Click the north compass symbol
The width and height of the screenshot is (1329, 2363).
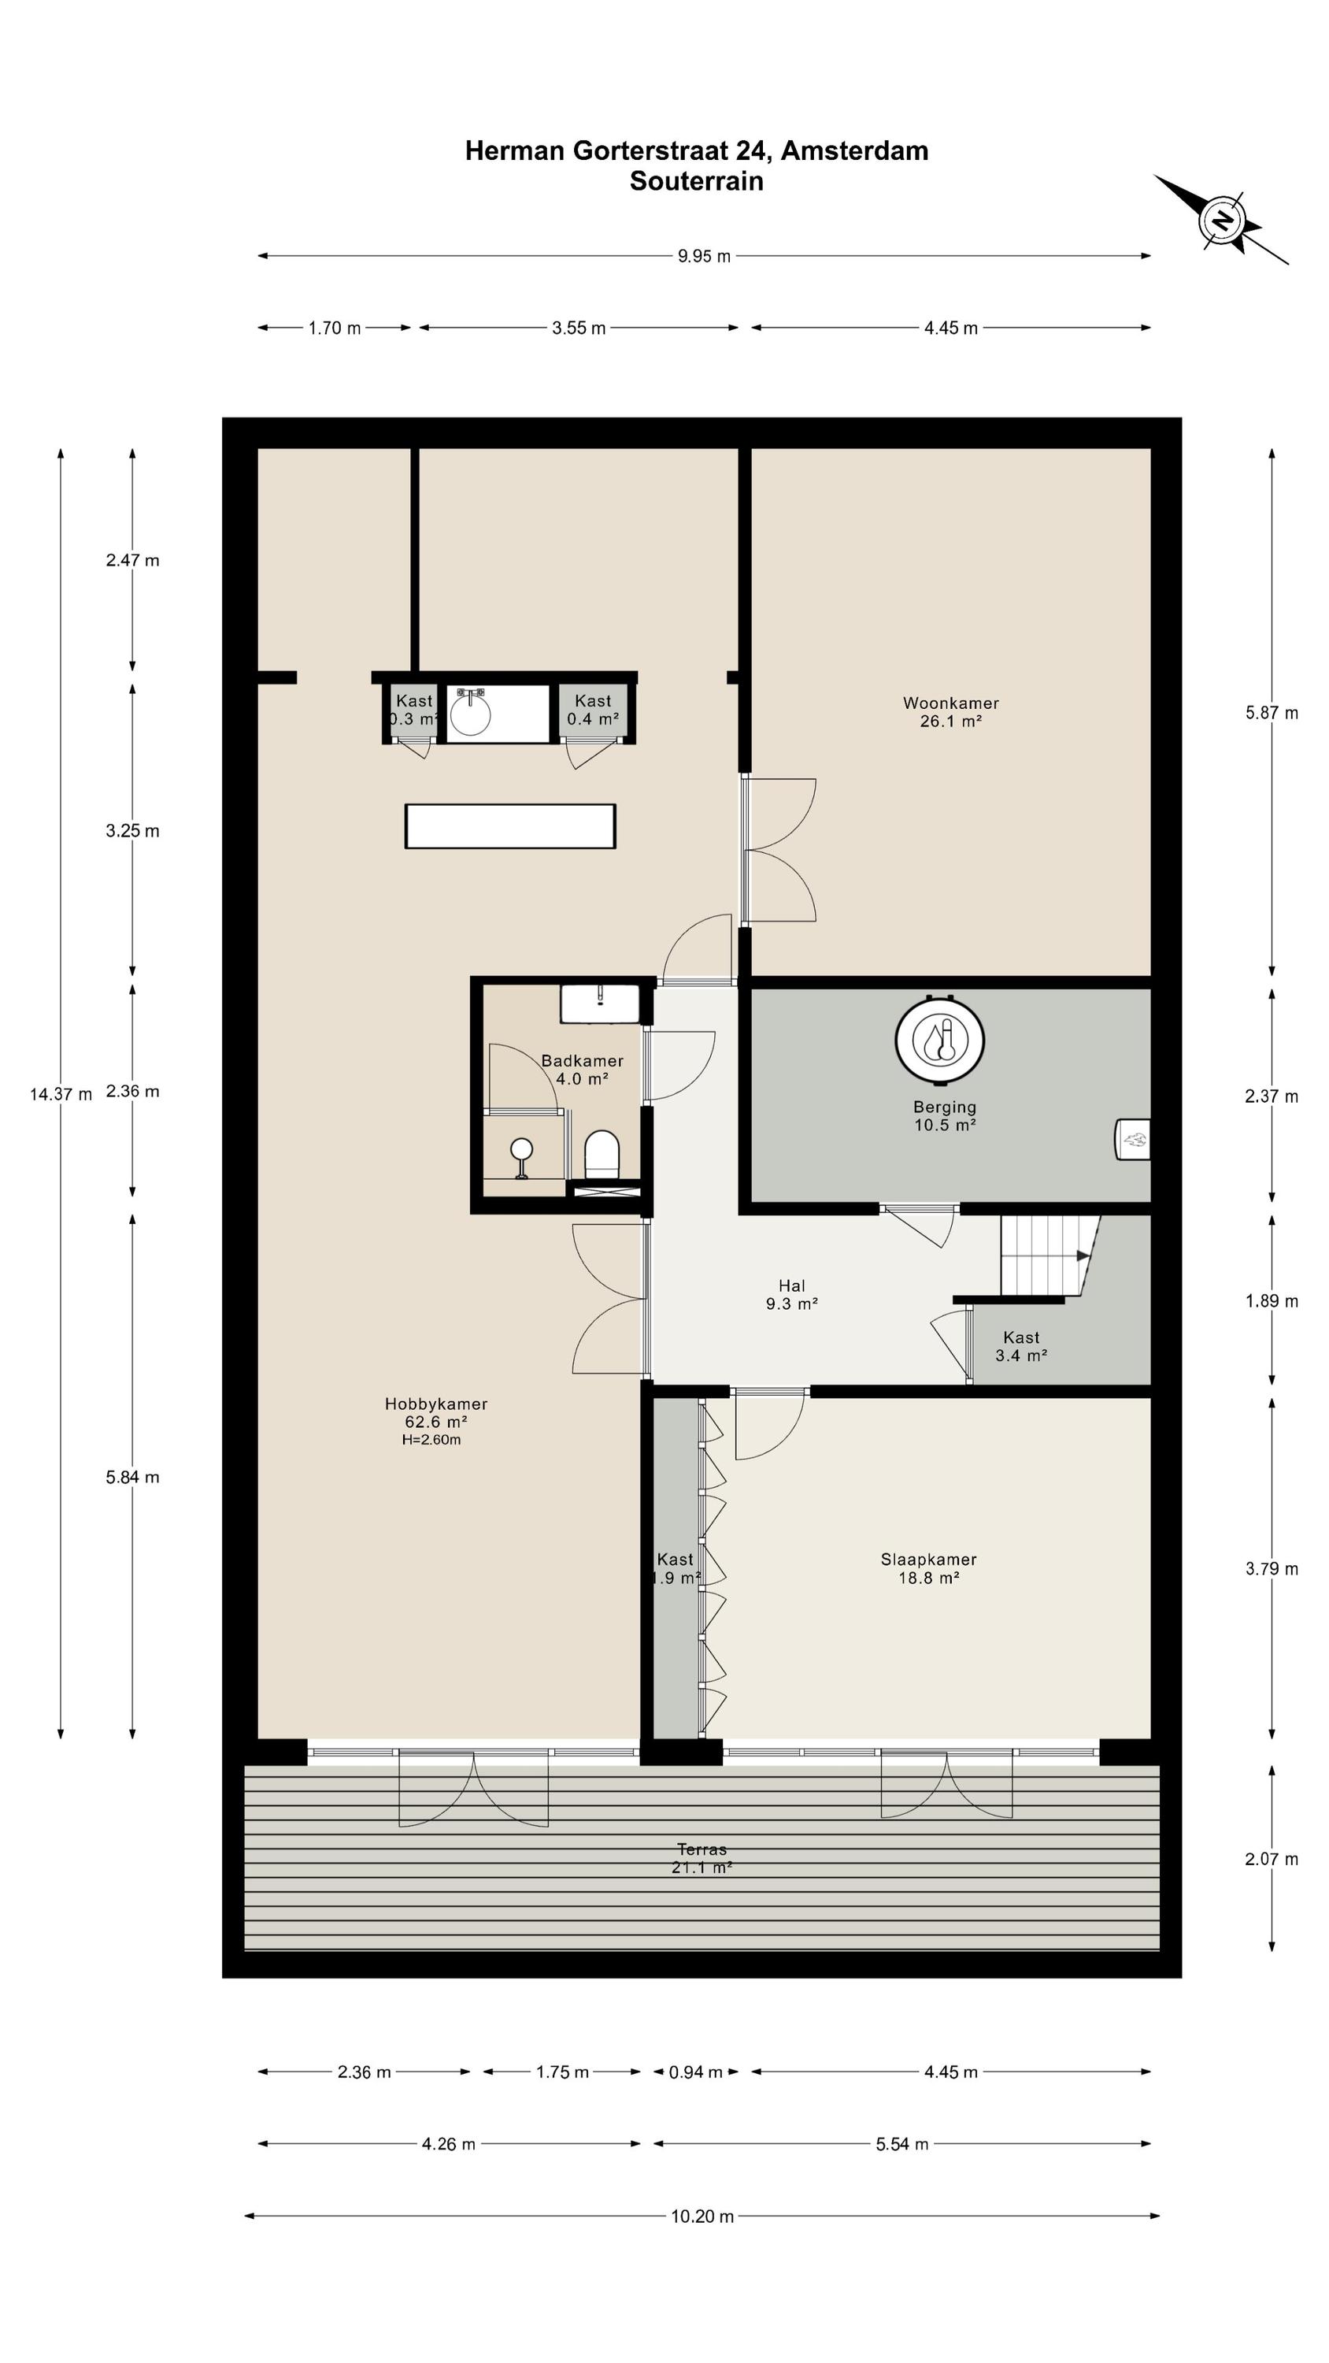pyautogui.click(x=1223, y=221)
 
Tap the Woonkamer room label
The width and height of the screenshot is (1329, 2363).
pyautogui.click(x=951, y=712)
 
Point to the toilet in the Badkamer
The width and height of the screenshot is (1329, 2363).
pyautogui.click(x=602, y=1154)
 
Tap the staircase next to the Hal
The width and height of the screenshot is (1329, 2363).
pyautogui.click(x=1050, y=1255)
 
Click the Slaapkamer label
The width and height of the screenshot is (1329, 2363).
pyautogui.click(x=928, y=1567)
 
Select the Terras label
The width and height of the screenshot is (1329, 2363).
pyautogui.click(x=702, y=1857)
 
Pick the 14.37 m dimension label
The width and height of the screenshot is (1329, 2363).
pyautogui.click(x=61, y=1093)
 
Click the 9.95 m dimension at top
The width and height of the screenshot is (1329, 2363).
pyautogui.click(x=705, y=256)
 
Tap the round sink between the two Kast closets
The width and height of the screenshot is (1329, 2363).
pyautogui.click(x=471, y=714)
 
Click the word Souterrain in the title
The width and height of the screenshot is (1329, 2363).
pyautogui.click(x=696, y=180)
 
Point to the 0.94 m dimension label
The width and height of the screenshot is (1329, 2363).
pyautogui.click(x=695, y=2072)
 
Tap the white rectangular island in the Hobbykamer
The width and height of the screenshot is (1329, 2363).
pyautogui.click(x=510, y=825)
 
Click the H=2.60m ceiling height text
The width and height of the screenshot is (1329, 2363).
pyautogui.click(x=431, y=1439)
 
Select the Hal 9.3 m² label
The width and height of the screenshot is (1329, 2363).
pyautogui.click(x=791, y=1294)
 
